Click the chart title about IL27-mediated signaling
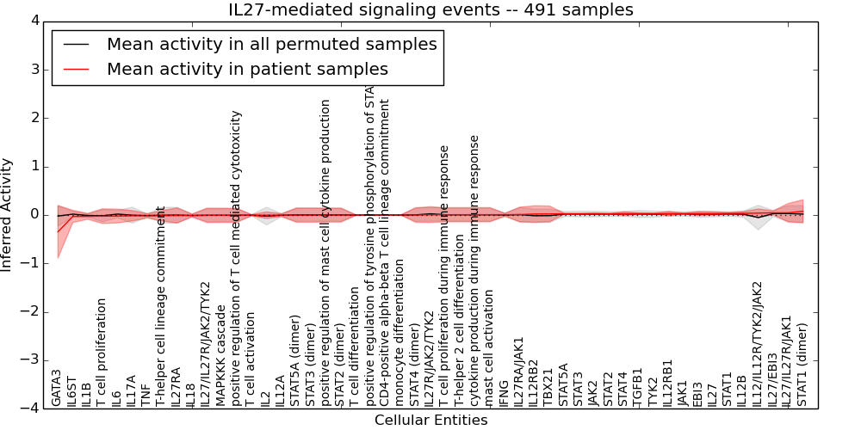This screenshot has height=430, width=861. pyautogui.click(x=430, y=9)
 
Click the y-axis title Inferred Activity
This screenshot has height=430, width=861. pyautogui.click(x=8, y=214)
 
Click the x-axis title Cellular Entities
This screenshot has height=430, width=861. pyautogui.click(x=430, y=420)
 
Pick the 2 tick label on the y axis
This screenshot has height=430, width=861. pyautogui.click(x=34, y=118)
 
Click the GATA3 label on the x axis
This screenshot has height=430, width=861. pyautogui.click(x=57, y=387)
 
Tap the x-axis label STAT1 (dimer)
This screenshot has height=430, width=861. pyautogui.click(x=802, y=364)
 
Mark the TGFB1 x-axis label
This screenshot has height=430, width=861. pyautogui.click(x=638, y=387)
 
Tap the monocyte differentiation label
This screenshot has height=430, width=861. pyautogui.click(x=400, y=332)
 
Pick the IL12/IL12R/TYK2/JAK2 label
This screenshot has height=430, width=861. pyautogui.click(x=758, y=343)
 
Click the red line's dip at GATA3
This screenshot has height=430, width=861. pyautogui.click(x=58, y=231)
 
